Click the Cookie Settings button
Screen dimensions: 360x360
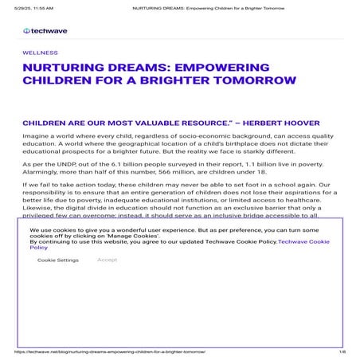[x=57, y=260]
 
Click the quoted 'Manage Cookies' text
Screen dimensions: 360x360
[x=139, y=235]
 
